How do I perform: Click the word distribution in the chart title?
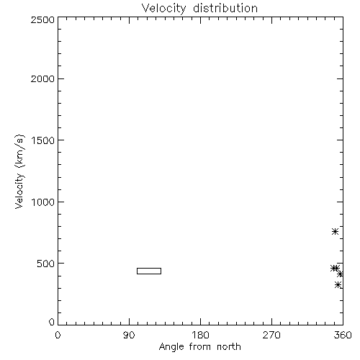coord(225,8)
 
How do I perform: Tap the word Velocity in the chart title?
coord(163,9)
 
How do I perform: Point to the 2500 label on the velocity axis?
coord(42,19)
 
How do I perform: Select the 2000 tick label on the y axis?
coord(42,78)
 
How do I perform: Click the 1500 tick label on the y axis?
coord(43,140)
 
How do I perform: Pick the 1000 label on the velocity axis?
coord(43,202)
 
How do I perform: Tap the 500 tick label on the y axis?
coord(46,264)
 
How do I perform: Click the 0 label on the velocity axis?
coord(52,322)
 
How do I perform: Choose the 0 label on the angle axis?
coord(58,335)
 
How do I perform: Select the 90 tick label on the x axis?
coord(129,335)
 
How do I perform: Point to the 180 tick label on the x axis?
coord(200,335)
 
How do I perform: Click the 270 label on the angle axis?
coord(271,335)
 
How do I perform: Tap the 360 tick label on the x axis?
coord(343,335)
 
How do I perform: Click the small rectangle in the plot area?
coord(149,269)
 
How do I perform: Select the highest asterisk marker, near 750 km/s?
coord(335,232)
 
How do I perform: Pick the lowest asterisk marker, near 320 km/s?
coord(338,285)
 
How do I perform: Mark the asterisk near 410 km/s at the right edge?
coord(340,274)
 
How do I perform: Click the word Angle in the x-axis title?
coord(171,347)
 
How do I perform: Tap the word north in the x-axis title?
coord(229,346)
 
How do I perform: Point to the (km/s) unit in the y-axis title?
coord(19,151)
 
